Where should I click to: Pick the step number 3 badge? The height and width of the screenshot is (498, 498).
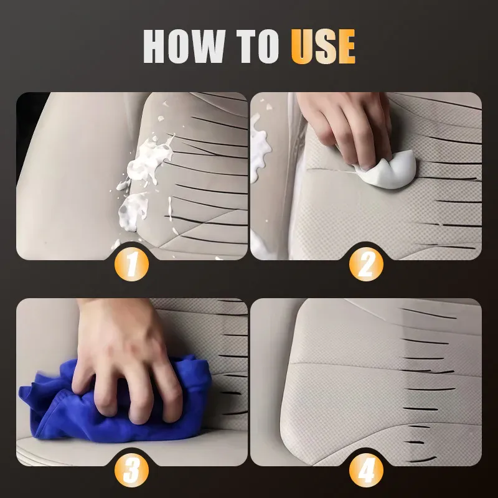pyautogui.click(x=132, y=471)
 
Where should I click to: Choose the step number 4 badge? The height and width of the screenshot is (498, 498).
pyautogui.click(x=366, y=471)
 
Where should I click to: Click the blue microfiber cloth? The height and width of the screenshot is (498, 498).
pyautogui.click(x=68, y=405)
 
